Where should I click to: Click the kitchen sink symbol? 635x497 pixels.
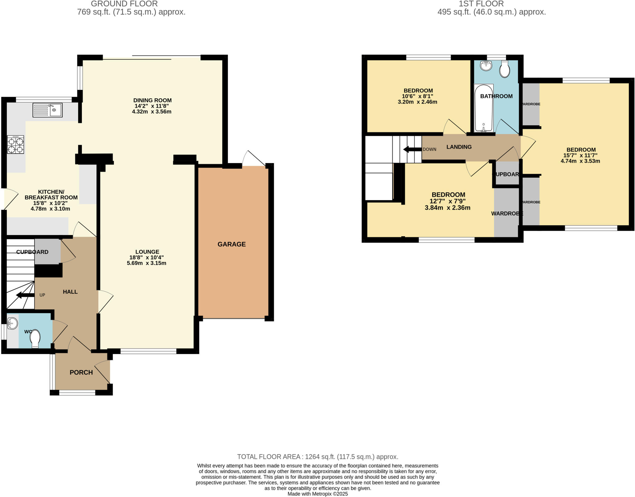[47, 110]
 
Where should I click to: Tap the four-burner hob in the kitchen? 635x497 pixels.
[16, 145]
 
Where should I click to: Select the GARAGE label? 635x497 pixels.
[232, 244]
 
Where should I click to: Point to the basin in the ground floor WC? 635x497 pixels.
[12, 323]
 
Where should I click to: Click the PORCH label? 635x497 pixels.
[81, 372]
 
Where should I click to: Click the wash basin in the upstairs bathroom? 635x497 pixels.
[486, 65]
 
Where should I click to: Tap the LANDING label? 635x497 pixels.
[459, 147]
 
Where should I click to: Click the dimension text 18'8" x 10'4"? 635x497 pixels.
[146, 257]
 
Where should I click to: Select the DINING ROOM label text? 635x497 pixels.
[152, 100]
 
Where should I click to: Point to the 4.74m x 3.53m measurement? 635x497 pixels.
[580, 161]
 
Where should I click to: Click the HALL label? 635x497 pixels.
[70, 292]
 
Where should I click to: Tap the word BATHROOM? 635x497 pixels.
[496, 96]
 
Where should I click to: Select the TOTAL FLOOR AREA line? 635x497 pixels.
[317, 457]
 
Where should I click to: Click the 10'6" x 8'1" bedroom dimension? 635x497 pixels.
[417, 96]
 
